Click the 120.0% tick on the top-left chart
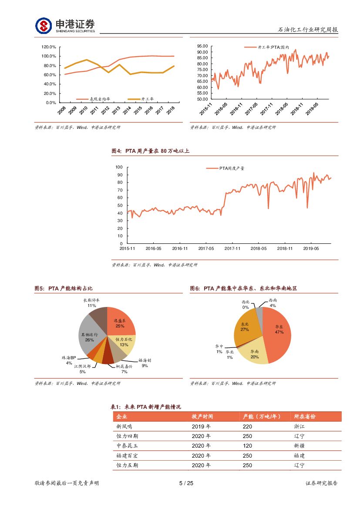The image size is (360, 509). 48,47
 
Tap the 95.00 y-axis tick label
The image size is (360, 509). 202,46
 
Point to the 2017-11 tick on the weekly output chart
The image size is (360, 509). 232,249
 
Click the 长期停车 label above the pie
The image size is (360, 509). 91,300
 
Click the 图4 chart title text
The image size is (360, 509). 150,151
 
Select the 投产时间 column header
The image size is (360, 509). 202,417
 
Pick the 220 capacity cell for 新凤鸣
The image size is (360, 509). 247,426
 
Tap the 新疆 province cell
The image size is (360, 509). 299,446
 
